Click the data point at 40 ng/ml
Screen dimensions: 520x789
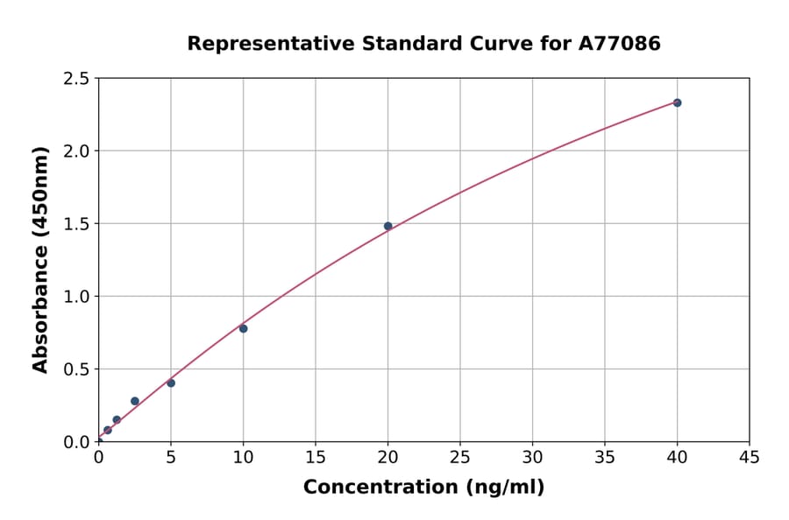(x=677, y=102)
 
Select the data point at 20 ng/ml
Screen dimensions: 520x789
(x=387, y=226)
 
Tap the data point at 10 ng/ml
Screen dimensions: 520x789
(x=243, y=328)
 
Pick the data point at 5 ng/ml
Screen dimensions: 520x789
(x=171, y=383)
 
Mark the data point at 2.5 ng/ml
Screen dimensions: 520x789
(x=135, y=401)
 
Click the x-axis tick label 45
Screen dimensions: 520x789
(x=750, y=457)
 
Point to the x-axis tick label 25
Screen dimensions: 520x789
(x=460, y=457)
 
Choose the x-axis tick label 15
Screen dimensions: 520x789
(x=316, y=457)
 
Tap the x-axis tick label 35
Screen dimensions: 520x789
(x=605, y=457)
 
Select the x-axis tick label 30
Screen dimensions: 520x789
(x=532, y=457)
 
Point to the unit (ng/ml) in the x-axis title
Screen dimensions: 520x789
(x=505, y=488)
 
